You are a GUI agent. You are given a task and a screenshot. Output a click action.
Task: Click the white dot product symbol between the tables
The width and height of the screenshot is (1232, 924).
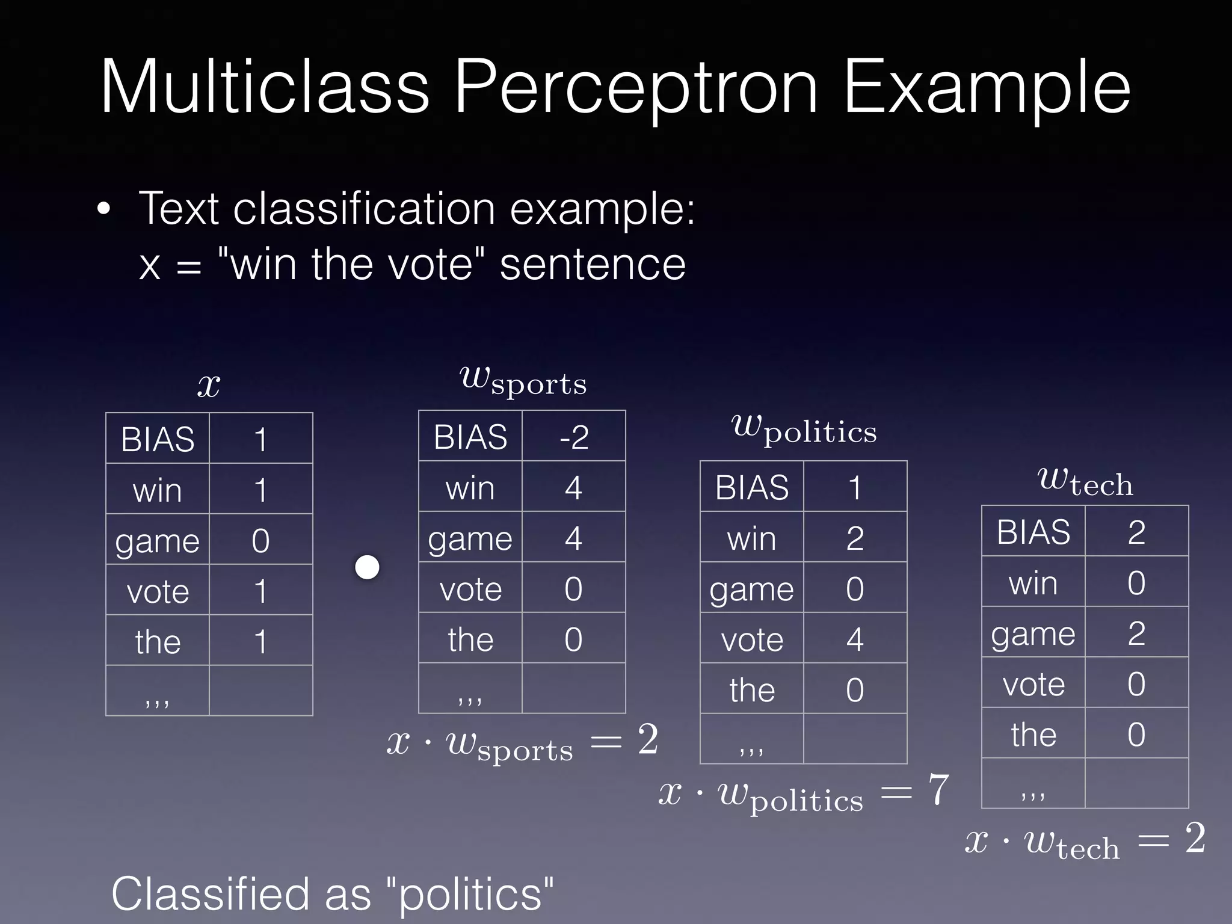coord(368,567)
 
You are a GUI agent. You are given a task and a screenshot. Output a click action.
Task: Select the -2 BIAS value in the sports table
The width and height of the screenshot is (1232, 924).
coord(573,437)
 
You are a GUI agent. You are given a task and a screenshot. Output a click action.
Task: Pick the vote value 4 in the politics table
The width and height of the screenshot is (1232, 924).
coord(855,639)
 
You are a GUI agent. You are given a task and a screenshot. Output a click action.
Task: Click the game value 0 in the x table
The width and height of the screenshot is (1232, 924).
coord(260,540)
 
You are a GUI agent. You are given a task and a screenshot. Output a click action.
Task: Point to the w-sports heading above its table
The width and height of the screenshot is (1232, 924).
coord(523,381)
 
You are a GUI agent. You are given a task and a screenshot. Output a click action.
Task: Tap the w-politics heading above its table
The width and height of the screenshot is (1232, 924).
coord(804,430)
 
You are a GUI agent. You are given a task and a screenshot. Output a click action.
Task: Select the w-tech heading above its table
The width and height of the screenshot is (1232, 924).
coord(1085,482)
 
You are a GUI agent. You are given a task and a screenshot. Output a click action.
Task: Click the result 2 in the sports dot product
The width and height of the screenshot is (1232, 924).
coord(648,739)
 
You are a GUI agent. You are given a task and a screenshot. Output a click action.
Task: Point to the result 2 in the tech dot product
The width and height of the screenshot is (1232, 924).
coord(1195,838)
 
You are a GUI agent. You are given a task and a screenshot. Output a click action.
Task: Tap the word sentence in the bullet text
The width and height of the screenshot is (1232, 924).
coord(593,265)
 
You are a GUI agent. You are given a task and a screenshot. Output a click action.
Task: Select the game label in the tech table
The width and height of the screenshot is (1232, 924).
coord(1033,634)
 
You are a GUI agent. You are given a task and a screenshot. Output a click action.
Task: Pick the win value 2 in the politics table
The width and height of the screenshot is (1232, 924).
coord(855,538)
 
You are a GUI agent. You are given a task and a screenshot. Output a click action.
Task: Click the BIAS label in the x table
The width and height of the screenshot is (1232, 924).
coord(158,439)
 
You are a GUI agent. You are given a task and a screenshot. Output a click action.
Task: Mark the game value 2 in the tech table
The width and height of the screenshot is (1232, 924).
coord(1136,633)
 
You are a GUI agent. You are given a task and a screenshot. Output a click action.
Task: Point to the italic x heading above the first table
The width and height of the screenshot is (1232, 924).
coord(209,385)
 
